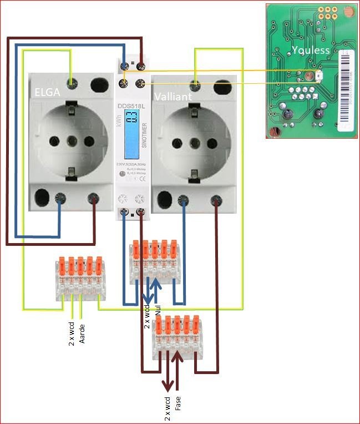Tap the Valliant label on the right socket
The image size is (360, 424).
click(174, 96)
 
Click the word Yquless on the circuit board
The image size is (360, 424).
click(311, 50)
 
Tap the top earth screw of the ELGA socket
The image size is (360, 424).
click(70, 83)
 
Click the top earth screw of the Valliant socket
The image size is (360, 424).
click(195, 84)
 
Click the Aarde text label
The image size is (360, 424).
click(82, 331)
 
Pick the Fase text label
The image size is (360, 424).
click(178, 402)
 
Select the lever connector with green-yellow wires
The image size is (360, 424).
click(81, 279)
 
